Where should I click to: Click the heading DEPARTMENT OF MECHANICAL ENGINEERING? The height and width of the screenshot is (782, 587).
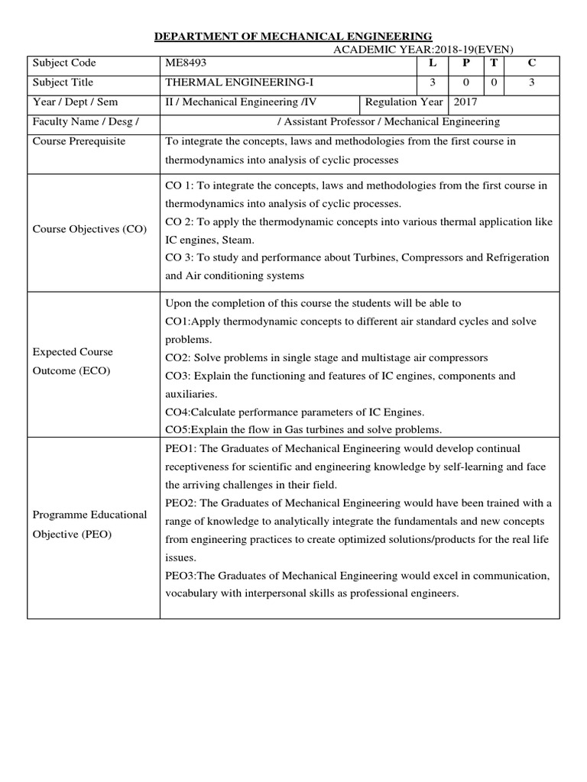(294, 36)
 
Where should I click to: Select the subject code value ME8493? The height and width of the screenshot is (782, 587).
(185, 63)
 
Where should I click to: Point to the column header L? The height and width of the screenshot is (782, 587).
(432, 63)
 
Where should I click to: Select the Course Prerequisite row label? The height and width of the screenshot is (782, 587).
(79, 141)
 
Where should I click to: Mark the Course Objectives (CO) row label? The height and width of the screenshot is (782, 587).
(90, 230)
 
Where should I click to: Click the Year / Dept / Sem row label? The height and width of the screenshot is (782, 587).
(75, 102)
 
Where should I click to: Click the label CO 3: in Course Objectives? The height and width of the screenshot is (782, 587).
(180, 257)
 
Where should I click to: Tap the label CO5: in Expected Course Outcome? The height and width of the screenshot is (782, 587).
(179, 429)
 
